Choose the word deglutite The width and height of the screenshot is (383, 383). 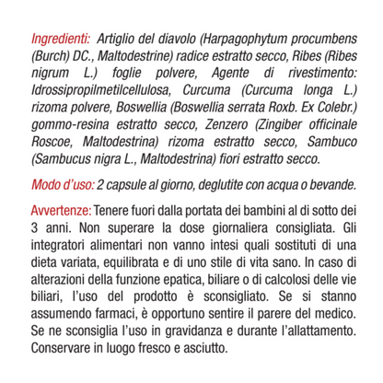[x=221, y=183]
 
